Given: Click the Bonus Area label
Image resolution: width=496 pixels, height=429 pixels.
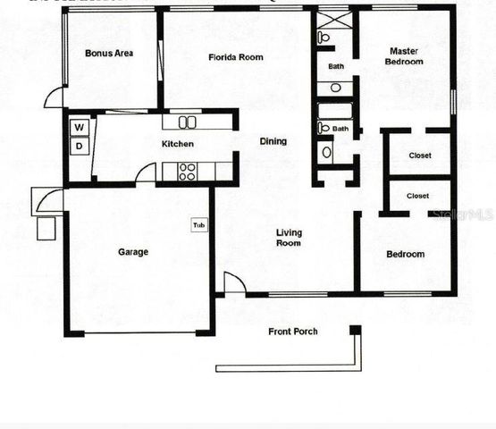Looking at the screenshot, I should (109, 54).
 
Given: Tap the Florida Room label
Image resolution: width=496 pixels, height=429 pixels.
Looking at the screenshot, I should (236, 57).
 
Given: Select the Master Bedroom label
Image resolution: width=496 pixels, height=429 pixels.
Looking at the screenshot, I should (403, 56).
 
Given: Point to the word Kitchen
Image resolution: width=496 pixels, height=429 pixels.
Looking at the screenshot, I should (177, 144).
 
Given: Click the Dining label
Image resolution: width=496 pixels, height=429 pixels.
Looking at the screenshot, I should (273, 141).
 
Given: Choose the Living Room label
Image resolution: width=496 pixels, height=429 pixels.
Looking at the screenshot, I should (289, 238).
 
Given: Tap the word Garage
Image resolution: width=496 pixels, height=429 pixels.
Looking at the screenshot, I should (133, 252).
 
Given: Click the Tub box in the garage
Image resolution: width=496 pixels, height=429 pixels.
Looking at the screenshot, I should (198, 225).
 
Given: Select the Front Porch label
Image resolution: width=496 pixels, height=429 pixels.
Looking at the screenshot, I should (293, 332).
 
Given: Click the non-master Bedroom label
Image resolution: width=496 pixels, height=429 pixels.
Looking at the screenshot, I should (405, 255).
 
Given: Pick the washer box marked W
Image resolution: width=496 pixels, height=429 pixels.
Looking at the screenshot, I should (79, 128).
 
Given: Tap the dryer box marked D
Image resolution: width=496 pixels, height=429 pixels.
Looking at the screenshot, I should (79, 146).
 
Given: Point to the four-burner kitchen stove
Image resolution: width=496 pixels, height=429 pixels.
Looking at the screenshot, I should (188, 170).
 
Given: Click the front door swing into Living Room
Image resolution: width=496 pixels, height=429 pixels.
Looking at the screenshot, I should (233, 282).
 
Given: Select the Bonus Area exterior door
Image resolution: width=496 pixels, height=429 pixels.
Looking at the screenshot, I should (55, 97).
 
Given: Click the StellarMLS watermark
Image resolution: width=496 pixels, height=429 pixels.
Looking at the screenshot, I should (461, 215).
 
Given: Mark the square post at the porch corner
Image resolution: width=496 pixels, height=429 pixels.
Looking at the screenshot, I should (355, 330).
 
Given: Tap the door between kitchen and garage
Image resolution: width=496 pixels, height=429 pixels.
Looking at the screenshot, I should (146, 173).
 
